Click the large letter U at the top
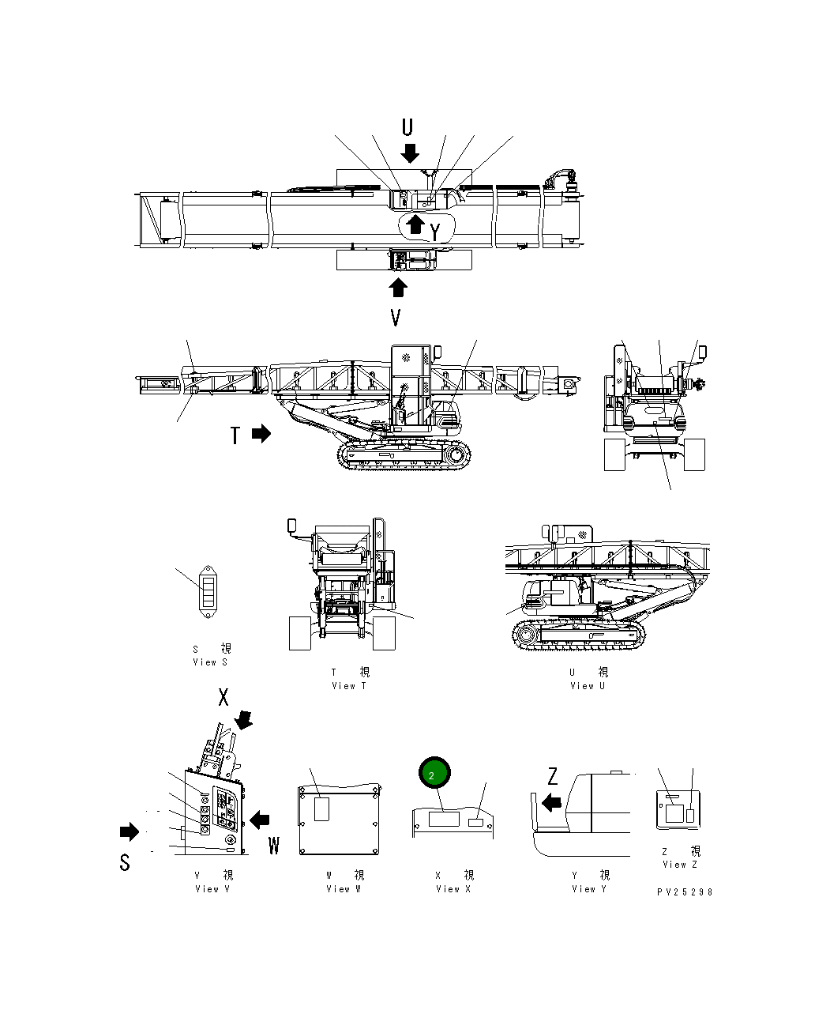[407, 127]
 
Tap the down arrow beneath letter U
[409, 153]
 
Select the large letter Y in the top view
[435, 232]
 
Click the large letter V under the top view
[396, 318]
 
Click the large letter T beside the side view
[235, 435]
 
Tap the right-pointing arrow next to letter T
[261, 434]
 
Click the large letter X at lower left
[223, 697]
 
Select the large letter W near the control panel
[274, 846]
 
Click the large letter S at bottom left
[125, 863]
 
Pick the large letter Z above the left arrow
[553, 777]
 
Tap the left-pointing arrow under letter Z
[551, 803]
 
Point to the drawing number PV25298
[684, 891]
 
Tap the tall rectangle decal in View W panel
[321, 809]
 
